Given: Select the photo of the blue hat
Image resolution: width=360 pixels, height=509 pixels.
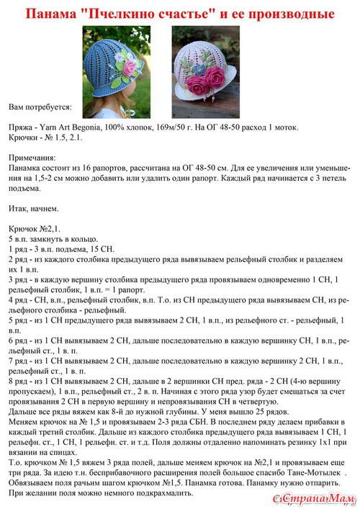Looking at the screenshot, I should (x=118, y=64).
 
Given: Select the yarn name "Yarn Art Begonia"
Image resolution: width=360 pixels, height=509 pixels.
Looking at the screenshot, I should (x=73, y=126).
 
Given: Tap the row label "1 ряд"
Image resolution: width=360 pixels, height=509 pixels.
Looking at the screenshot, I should (x=18, y=247).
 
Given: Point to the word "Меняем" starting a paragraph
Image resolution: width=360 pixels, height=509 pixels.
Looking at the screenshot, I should (x=24, y=418).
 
